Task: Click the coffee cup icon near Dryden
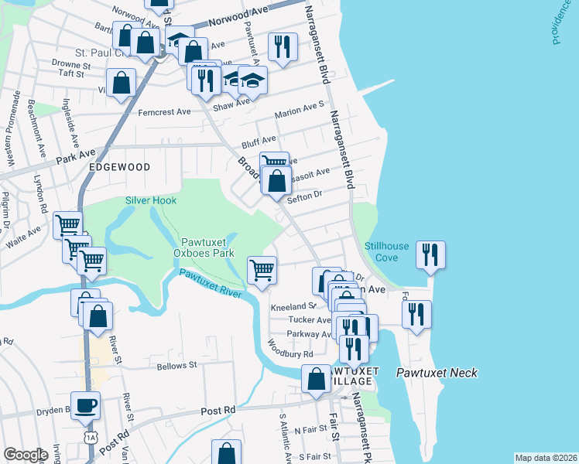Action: coord(85,404)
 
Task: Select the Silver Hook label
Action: coord(151,200)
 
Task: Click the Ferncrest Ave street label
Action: coord(164,111)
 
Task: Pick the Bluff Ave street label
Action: coord(259,141)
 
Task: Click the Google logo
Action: coord(26,455)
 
